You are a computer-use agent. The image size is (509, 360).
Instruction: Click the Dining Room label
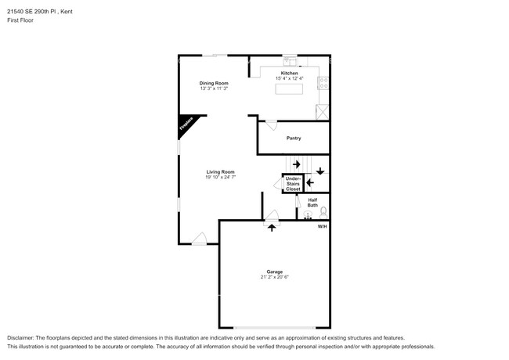pyautogui.click(x=213, y=83)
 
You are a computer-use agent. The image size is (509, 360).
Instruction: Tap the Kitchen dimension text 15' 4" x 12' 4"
pyautogui.click(x=290, y=78)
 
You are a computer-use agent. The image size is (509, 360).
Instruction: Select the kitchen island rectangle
pyautogui.click(x=291, y=89)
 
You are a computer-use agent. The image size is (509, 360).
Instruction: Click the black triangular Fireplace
pyautogui.click(x=186, y=124)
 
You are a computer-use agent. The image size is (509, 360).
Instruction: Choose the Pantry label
pyautogui.click(x=294, y=138)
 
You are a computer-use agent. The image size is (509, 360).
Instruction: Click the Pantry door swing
pyautogui.click(x=270, y=124)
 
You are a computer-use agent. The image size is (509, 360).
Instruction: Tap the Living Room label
pyautogui.click(x=220, y=171)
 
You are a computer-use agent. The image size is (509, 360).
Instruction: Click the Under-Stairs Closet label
pyautogui.click(x=293, y=184)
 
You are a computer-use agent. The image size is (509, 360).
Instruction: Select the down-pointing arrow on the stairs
pyautogui.click(x=320, y=170)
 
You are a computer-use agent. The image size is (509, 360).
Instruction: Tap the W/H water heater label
pyautogui.click(x=322, y=226)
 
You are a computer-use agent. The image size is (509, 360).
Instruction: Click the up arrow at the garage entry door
pyautogui.click(x=272, y=227)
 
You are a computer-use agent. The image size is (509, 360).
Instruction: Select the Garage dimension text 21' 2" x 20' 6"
pyautogui.click(x=275, y=277)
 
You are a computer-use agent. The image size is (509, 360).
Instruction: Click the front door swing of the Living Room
pyautogui.click(x=200, y=238)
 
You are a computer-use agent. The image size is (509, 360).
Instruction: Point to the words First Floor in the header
pyautogui.click(x=20, y=20)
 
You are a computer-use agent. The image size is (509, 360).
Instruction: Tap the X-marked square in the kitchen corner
pyautogui.click(x=323, y=111)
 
